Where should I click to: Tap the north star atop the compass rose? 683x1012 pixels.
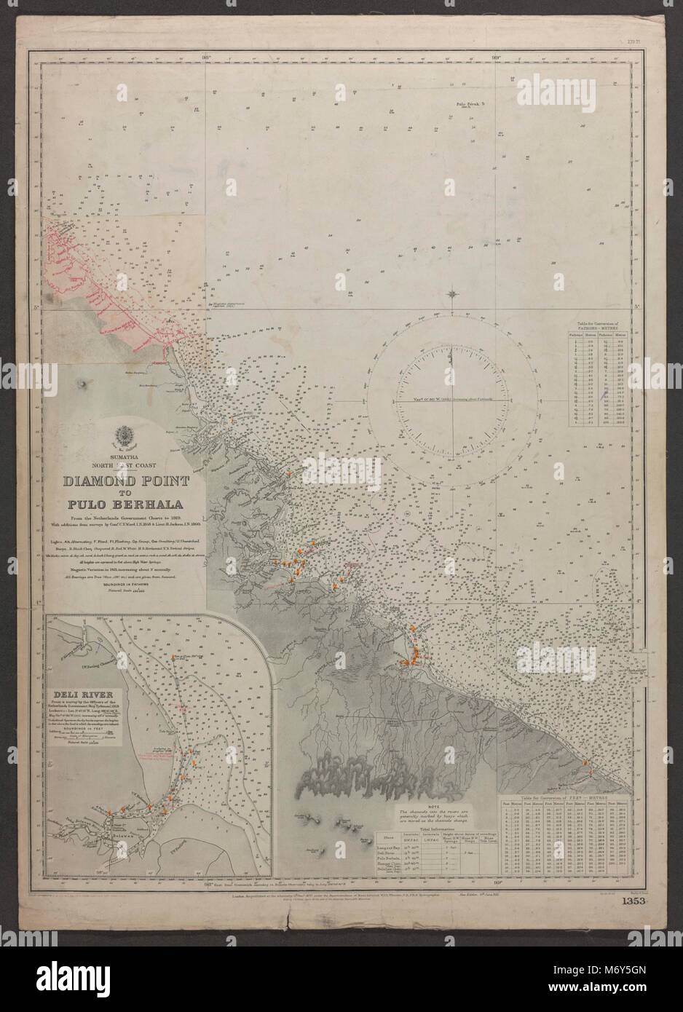point(455,295)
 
